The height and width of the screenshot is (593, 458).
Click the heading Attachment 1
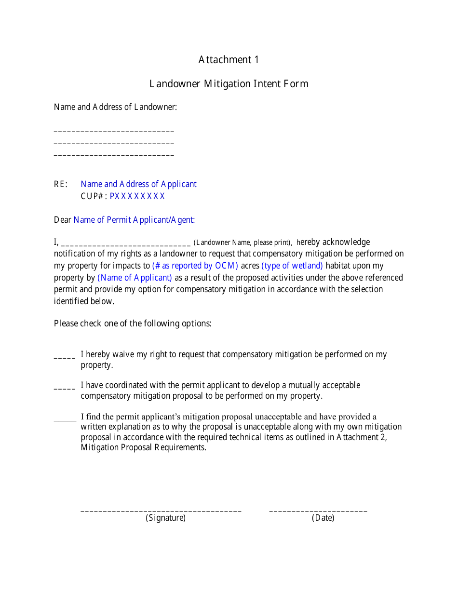tap(229, 60)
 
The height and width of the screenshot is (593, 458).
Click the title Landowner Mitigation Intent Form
tap(229, 84)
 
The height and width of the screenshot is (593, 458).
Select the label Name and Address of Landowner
tap(115, 107)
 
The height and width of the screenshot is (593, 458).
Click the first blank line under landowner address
tap(114, 131)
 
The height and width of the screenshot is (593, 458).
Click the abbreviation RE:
tap(61, 184)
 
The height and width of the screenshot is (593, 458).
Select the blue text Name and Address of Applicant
tap(138, 184)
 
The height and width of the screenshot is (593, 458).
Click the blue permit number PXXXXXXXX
tap(137, 196)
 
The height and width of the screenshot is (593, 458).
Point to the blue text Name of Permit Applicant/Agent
tap(134, 220)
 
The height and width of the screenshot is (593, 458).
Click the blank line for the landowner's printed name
tap(126, 243)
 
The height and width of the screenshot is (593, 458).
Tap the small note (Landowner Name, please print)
tap(243, 243)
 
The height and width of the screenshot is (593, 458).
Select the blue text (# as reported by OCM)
tap(195, 266)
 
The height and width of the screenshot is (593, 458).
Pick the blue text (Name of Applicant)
tap(135, 278)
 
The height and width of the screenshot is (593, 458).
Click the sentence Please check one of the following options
tap(133, 323)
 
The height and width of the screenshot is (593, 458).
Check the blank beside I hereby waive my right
tap(65, 357)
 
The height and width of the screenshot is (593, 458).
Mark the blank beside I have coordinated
tap(65, 388)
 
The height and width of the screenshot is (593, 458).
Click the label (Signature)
tap(165, 518)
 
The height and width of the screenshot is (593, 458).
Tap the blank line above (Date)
tap(318, 511)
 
